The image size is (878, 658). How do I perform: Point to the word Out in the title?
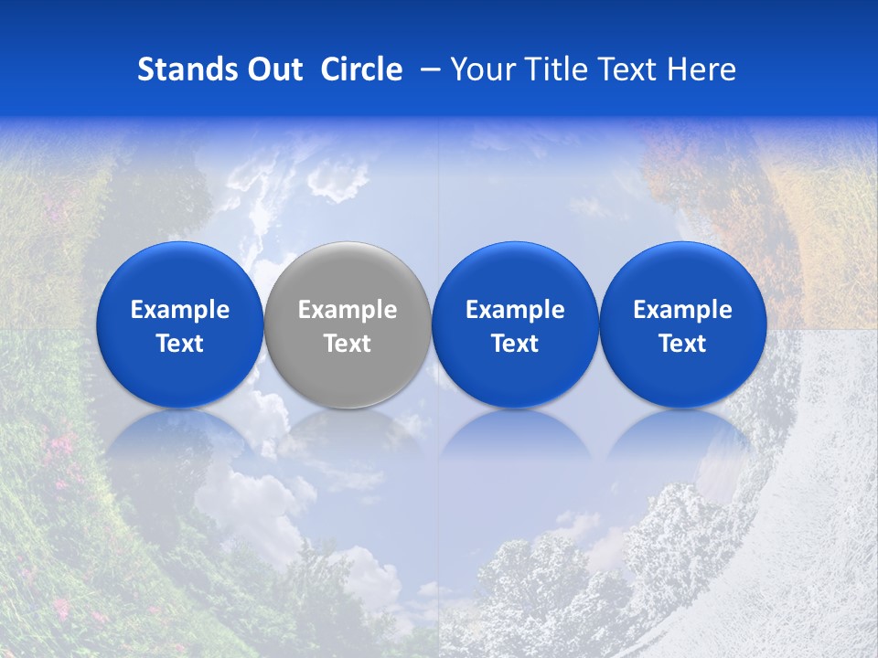(x=273, y=69)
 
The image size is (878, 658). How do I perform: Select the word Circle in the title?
(x=361, y=69)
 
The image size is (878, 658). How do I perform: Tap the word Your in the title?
(x=479, y=70)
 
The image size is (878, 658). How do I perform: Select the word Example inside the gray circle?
(x=348, y=311)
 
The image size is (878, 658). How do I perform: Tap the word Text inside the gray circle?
(x=348, y=344)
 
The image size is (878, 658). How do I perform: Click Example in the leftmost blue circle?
(x=179, y=311)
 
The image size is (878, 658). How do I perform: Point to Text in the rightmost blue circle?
(x=682, y=344)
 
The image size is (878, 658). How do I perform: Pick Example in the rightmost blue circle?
(x=682, y=311)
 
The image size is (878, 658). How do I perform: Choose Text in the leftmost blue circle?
(x=179, y=344)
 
